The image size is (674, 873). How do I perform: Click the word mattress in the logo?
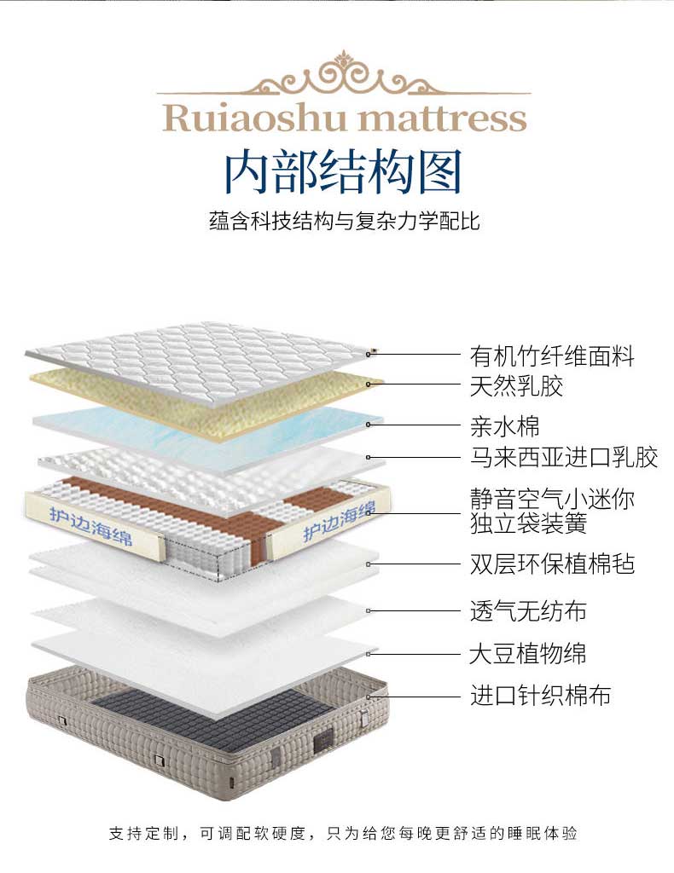[x=443, y=118]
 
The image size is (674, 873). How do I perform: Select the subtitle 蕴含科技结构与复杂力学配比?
[x=344, y=222]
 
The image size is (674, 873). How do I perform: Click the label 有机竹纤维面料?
[x=552, y=355]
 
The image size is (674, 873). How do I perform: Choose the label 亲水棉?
[x=504, y=425]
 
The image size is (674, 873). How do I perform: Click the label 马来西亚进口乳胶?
[x=564, y=457]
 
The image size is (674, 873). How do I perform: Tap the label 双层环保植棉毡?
[x=552, y=564]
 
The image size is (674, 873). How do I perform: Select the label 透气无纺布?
[x=528, y=610]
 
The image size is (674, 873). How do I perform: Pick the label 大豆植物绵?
[x=528, y=654]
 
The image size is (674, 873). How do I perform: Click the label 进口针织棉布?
[x=540, y=695]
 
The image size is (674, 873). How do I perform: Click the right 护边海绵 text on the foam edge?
[x=339, y=522]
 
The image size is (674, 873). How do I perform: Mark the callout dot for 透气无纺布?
[x=369, y=610]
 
